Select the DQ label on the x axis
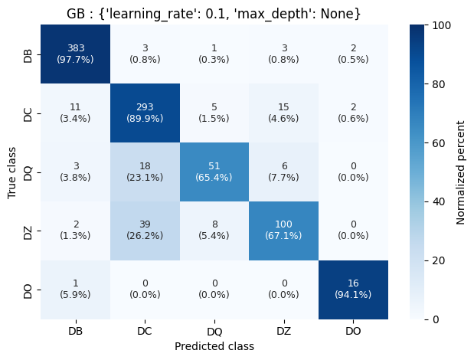[x=214, y=331]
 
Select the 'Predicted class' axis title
[x=214, y=346]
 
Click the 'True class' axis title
[x=12, y=172]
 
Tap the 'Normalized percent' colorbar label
[x=461, y=172]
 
